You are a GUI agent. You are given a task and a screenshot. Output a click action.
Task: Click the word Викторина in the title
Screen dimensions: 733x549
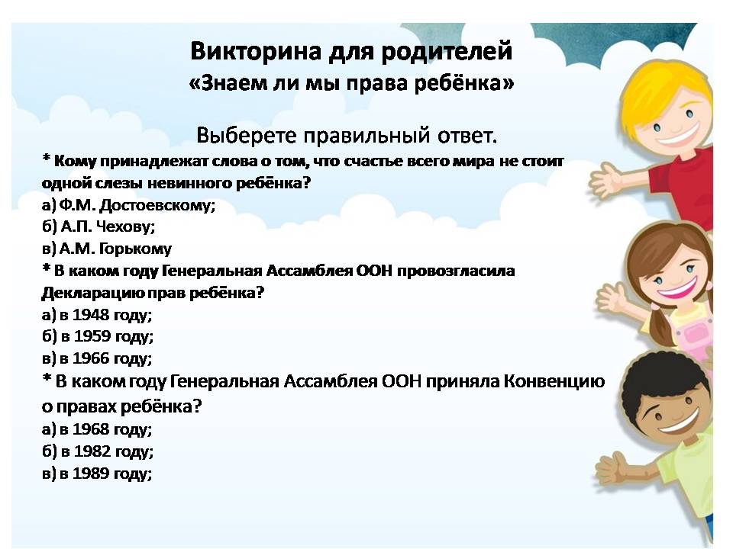click(256, 51)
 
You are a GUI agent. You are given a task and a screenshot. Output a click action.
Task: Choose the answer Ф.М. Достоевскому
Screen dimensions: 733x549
click(137, 205)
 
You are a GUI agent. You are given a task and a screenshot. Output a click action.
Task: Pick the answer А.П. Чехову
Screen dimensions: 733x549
click(108, 226)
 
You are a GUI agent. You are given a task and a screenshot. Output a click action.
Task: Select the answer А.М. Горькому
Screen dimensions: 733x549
click(115, 249)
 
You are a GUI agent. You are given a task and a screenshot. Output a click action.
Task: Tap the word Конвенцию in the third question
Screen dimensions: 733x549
click(554, 382)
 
